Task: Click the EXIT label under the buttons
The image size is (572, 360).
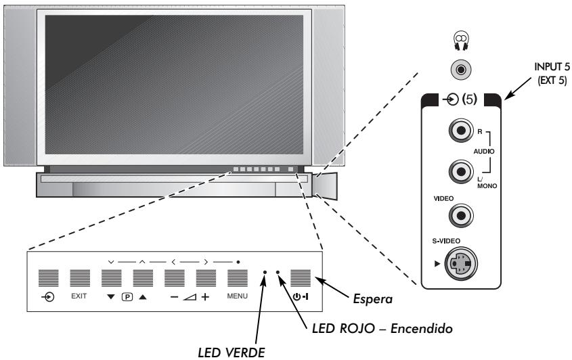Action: [x=79, y=296]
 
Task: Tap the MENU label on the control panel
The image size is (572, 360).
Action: [x=236, y=296]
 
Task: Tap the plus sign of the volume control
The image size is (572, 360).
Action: [x=205, y=296]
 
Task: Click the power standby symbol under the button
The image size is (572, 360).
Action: [x=299, y=296]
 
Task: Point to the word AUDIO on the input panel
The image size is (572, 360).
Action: [x=491, y=154]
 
